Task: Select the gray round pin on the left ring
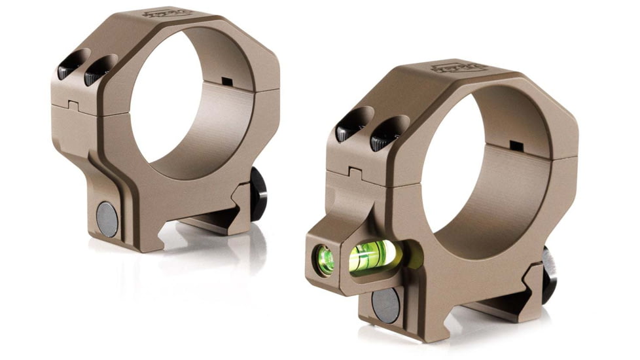tap(107, 219)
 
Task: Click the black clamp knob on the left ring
tap(258, 193)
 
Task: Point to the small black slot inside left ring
tap(227, 81)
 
